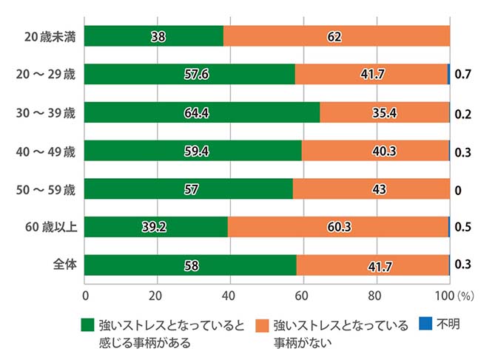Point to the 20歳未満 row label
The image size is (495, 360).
[x=53, y=36]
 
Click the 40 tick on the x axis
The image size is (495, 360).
[x=230, y=296]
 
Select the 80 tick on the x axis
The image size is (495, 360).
[x=376, y=296]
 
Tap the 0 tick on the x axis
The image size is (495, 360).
[x=85, y=296]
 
